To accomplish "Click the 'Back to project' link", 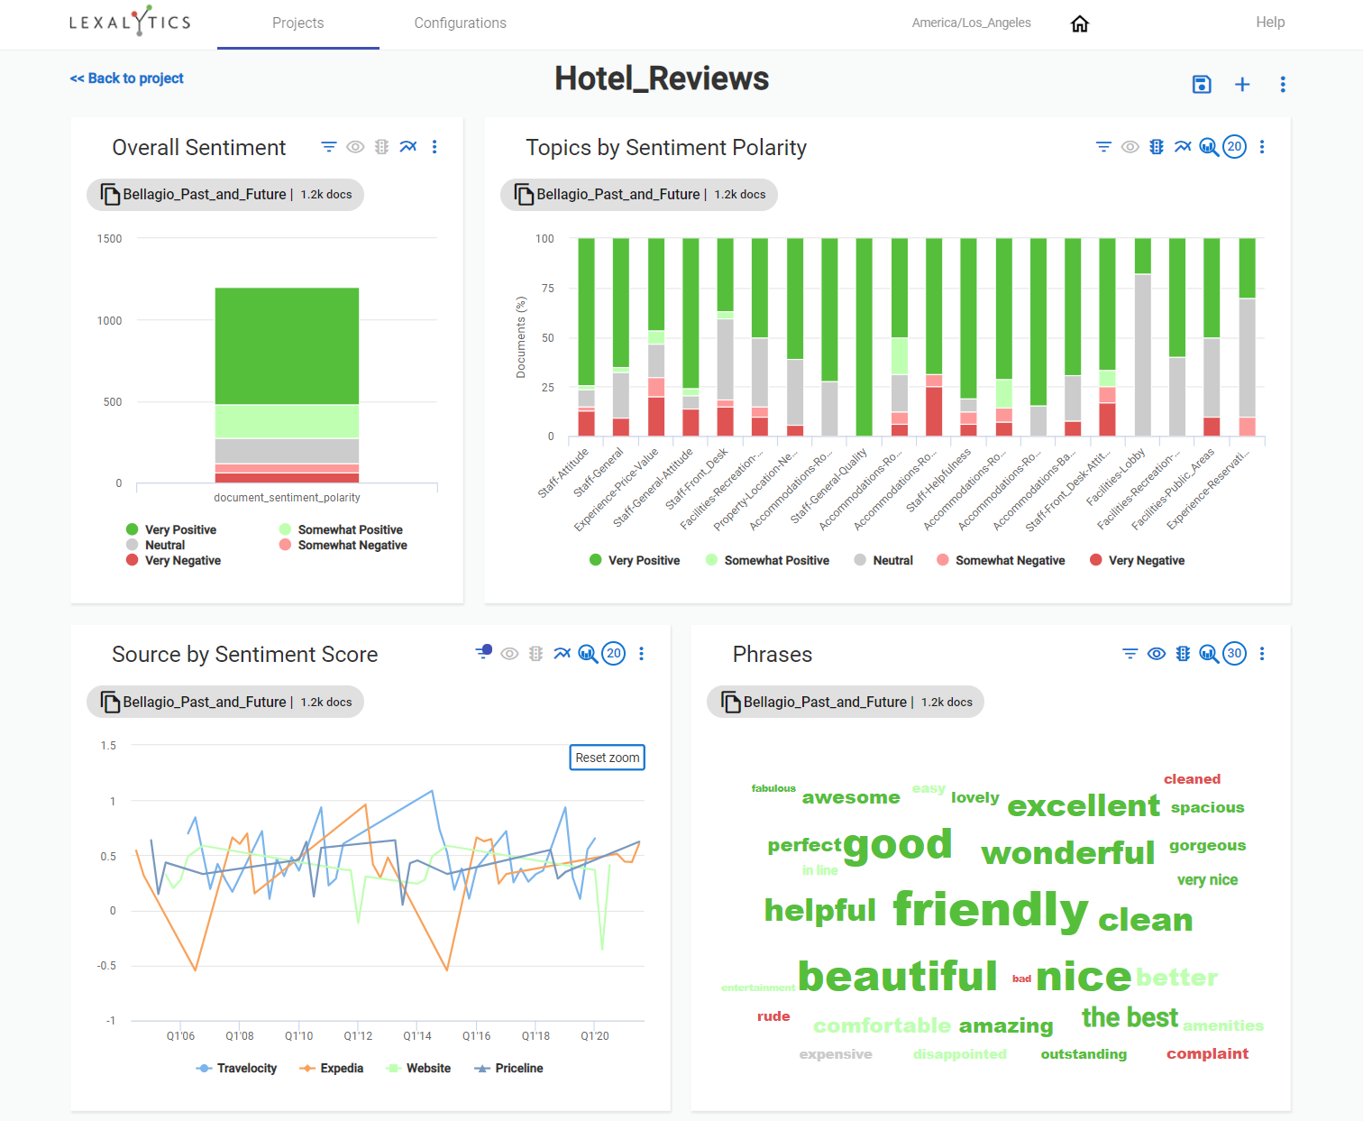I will coord(127,78).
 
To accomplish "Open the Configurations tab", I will coord(460,23).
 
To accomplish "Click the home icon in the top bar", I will coord(1079,23).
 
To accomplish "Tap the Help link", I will coord(1269,23).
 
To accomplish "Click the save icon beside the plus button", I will coord(1201,85).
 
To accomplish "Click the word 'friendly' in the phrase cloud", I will coord(990,910).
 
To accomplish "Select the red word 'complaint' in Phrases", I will coord(1207,1053).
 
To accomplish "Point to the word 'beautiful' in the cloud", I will coord(897,977).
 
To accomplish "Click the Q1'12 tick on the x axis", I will coord(358,1036).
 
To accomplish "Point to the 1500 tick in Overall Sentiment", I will coord(110,239).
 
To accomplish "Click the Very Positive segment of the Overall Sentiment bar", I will coord(287,345).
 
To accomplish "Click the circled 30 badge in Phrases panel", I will coord(1234,654).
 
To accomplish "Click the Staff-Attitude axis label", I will coord(563,473).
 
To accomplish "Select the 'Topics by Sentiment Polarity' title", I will coord(665,148).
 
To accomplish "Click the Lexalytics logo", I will coord(130,22).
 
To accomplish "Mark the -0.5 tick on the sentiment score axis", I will coord(107,966).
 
